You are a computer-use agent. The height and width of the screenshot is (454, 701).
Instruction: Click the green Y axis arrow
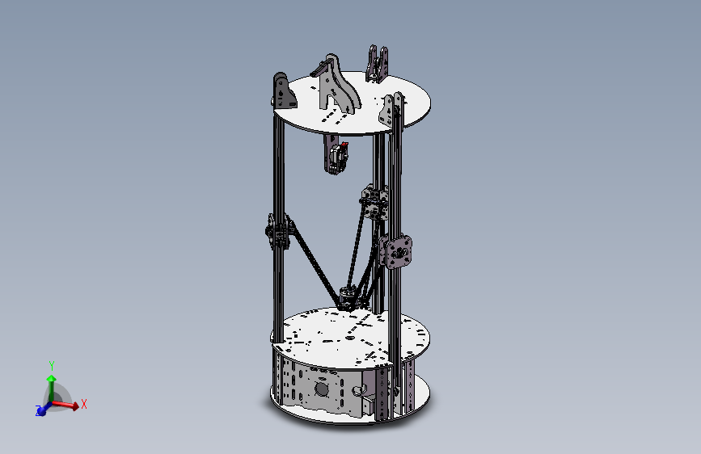[52, 380]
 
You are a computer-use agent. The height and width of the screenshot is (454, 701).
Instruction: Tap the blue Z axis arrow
[42, 409]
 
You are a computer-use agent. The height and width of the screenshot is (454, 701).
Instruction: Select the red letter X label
[83, 403]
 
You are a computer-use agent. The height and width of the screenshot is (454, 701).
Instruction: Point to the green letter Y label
[52, 365]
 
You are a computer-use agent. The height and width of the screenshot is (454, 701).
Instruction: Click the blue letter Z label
[38, 412]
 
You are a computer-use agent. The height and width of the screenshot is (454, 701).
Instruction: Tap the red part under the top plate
[345, 151]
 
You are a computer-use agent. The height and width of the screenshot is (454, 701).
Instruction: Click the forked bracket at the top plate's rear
[377, 65]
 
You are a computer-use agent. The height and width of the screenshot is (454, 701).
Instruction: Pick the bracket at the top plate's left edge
[282, 91]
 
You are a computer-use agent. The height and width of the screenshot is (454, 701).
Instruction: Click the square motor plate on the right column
[399, 252]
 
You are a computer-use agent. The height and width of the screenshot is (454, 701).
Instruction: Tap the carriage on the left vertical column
[277, 233]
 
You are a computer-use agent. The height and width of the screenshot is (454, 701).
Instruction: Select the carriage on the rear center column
[373, 203]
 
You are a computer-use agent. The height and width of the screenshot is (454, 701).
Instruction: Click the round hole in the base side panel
[322, 389]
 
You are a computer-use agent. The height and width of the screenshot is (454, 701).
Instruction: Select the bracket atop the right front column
[394, 109]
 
